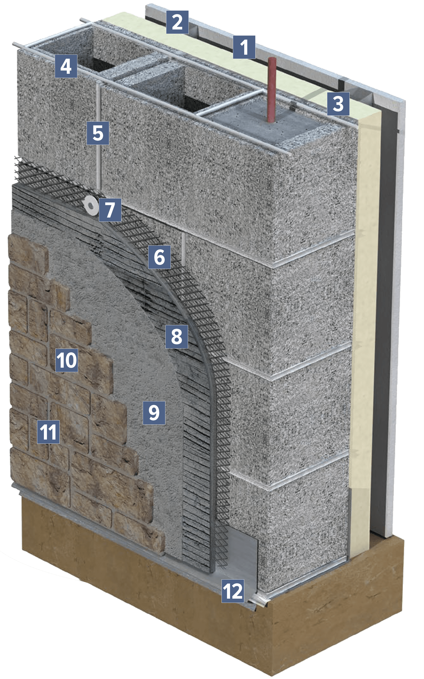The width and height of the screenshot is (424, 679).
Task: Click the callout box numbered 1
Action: tap(244, 47)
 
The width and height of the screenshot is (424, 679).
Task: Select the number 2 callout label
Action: tap(177, 22)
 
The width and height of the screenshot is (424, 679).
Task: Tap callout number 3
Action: tap(338, 104)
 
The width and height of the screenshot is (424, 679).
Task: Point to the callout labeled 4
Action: tap(66, 66)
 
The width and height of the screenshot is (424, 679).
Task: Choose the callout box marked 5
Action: tap(98, 133)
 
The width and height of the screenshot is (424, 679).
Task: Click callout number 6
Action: tap(160, 257)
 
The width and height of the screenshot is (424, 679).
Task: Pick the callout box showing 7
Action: tap(110, 210)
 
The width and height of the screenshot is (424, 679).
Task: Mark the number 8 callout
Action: tap(177, 336)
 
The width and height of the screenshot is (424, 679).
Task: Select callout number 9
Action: tap(154, 413)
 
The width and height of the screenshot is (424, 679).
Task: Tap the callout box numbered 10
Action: tap(67, 360)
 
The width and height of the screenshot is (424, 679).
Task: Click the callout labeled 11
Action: tap(48, 432)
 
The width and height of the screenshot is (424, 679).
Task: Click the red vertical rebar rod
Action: tap(271, 90)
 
